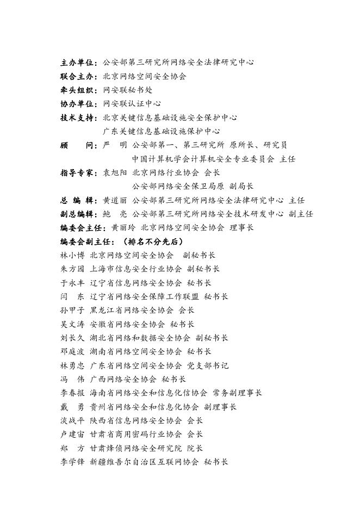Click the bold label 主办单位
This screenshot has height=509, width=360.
pyautogui.click(x=78, y=63)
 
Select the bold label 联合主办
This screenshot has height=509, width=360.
pyautogui.click(x=78, y=76)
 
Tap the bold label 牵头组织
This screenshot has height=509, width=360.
pyautogui.click(x=78, y=90)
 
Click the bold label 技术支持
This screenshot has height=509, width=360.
pyautogui.click(x=78, y=117)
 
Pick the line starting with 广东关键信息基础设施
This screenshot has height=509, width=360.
pyautogui.click(x=161, y=131)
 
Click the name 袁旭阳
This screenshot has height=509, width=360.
pyautogui.click(x=114, y=172)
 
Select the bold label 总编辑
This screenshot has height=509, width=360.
pyautogui.click(x=78, y=200)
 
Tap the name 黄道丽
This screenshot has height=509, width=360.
pyautogui.click(x=114, y=200)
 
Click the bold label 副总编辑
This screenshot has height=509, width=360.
pyautogui.click(x=78, y=214)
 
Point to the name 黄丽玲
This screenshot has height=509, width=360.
pyautogui.click(x=123, y=228)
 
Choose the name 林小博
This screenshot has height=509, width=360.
pyautogui.click(x=72, y=255)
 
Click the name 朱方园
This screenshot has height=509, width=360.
pyautogui.click(x=72, y=269)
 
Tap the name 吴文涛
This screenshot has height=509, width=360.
pyautogui.click(x=72, y=324)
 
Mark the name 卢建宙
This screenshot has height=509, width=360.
pyautogui.click(x=72, y=434)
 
